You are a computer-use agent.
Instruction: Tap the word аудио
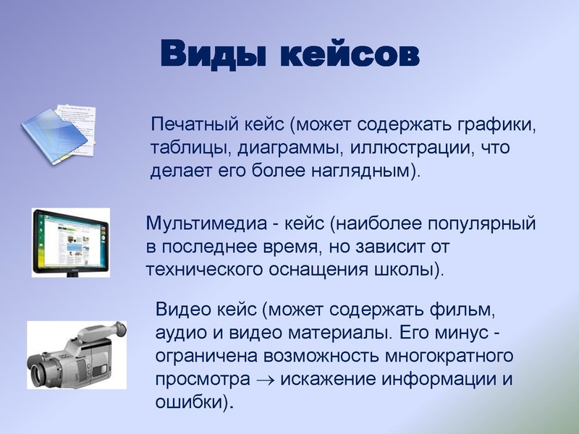click(178, 334)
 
